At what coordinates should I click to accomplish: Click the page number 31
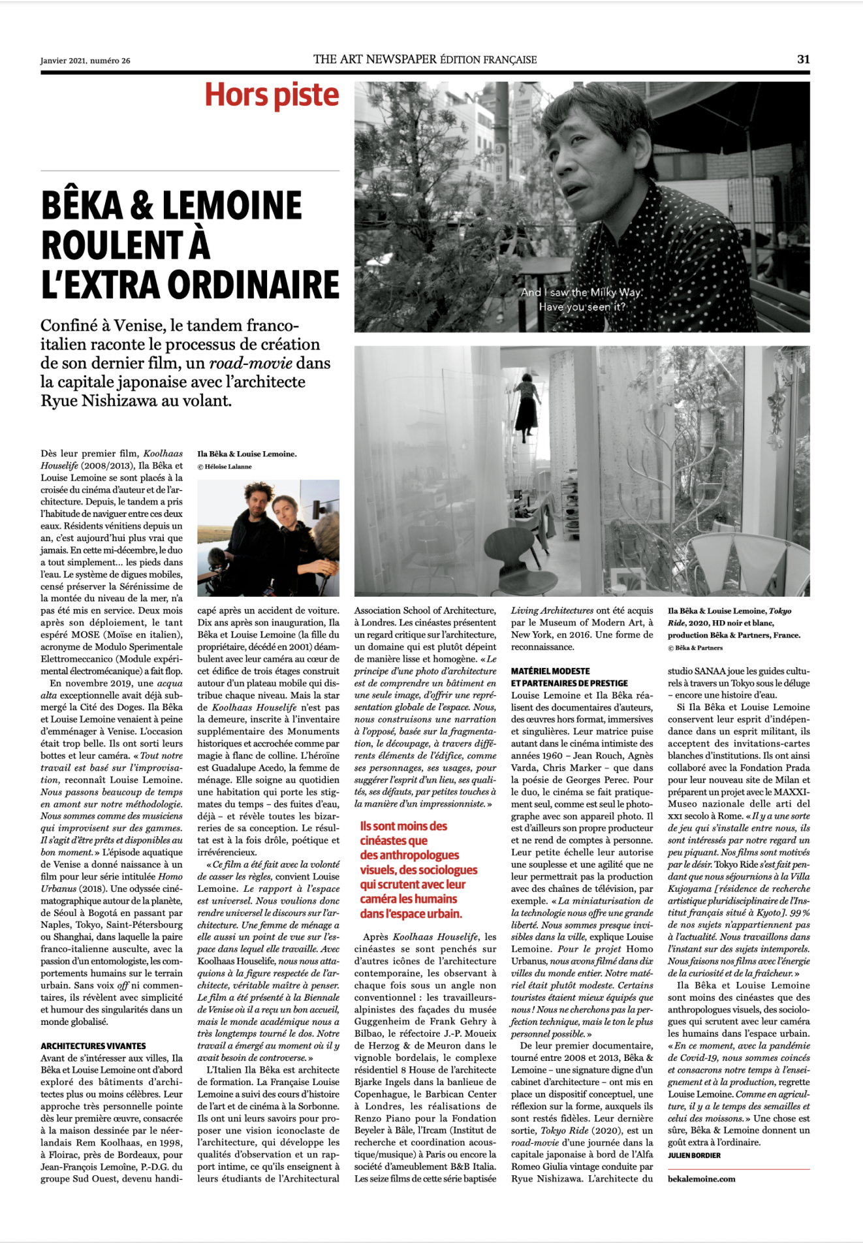point(803,59)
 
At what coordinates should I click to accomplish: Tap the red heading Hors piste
point(272,95)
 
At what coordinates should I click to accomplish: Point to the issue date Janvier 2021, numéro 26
point(85,61)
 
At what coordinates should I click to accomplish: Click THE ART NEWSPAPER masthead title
point(375,59)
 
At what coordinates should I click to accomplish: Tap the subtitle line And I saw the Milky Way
point(582,292)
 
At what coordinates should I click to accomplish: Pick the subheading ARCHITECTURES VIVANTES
point(93,1046)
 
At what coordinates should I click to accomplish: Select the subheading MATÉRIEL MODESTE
point(550,670)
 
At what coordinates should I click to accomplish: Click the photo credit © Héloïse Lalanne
point(225,467)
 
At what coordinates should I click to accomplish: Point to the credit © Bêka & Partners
point(695,648)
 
